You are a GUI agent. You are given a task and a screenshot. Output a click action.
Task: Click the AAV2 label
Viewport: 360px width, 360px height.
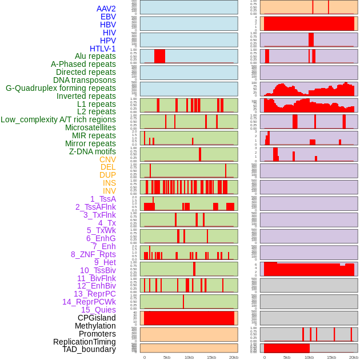(106, 9)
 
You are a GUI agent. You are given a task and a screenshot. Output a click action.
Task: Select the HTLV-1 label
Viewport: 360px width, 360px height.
(103, 49)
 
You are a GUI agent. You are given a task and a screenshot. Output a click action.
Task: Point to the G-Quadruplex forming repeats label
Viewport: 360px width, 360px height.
(61, 88)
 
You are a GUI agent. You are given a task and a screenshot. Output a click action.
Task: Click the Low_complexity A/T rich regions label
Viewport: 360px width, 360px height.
(58, 119)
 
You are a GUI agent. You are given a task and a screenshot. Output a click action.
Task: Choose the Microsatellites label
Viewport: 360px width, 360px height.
(90, 127)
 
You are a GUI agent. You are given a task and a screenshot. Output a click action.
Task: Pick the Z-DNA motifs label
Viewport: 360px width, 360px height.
(93, 151)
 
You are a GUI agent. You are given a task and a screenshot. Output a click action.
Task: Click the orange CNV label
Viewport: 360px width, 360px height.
(107, 159)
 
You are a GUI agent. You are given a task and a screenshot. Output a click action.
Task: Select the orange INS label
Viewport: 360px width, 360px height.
(109, 183)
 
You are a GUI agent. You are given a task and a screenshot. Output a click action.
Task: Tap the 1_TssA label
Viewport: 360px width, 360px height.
(103, 199)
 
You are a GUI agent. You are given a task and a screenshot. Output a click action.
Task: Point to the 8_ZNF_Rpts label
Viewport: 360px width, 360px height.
(93, 254)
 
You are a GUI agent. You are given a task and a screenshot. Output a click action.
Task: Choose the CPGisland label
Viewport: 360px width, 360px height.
(97, 318)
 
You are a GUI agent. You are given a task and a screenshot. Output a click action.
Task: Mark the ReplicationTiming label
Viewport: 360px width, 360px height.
(84, 342)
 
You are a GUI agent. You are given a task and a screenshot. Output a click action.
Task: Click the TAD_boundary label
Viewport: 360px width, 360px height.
(89, 349)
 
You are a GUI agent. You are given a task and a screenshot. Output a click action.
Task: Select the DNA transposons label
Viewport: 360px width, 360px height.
(85, 80)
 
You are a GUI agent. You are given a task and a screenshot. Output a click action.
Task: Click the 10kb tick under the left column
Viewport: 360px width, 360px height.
(189, 357)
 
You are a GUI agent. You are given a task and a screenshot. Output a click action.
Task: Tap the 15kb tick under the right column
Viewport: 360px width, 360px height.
(331, 357)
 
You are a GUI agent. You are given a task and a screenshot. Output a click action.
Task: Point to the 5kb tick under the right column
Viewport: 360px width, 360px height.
(287, 357)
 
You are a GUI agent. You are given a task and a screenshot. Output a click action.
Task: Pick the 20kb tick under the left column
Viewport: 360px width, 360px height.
(234, 357)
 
